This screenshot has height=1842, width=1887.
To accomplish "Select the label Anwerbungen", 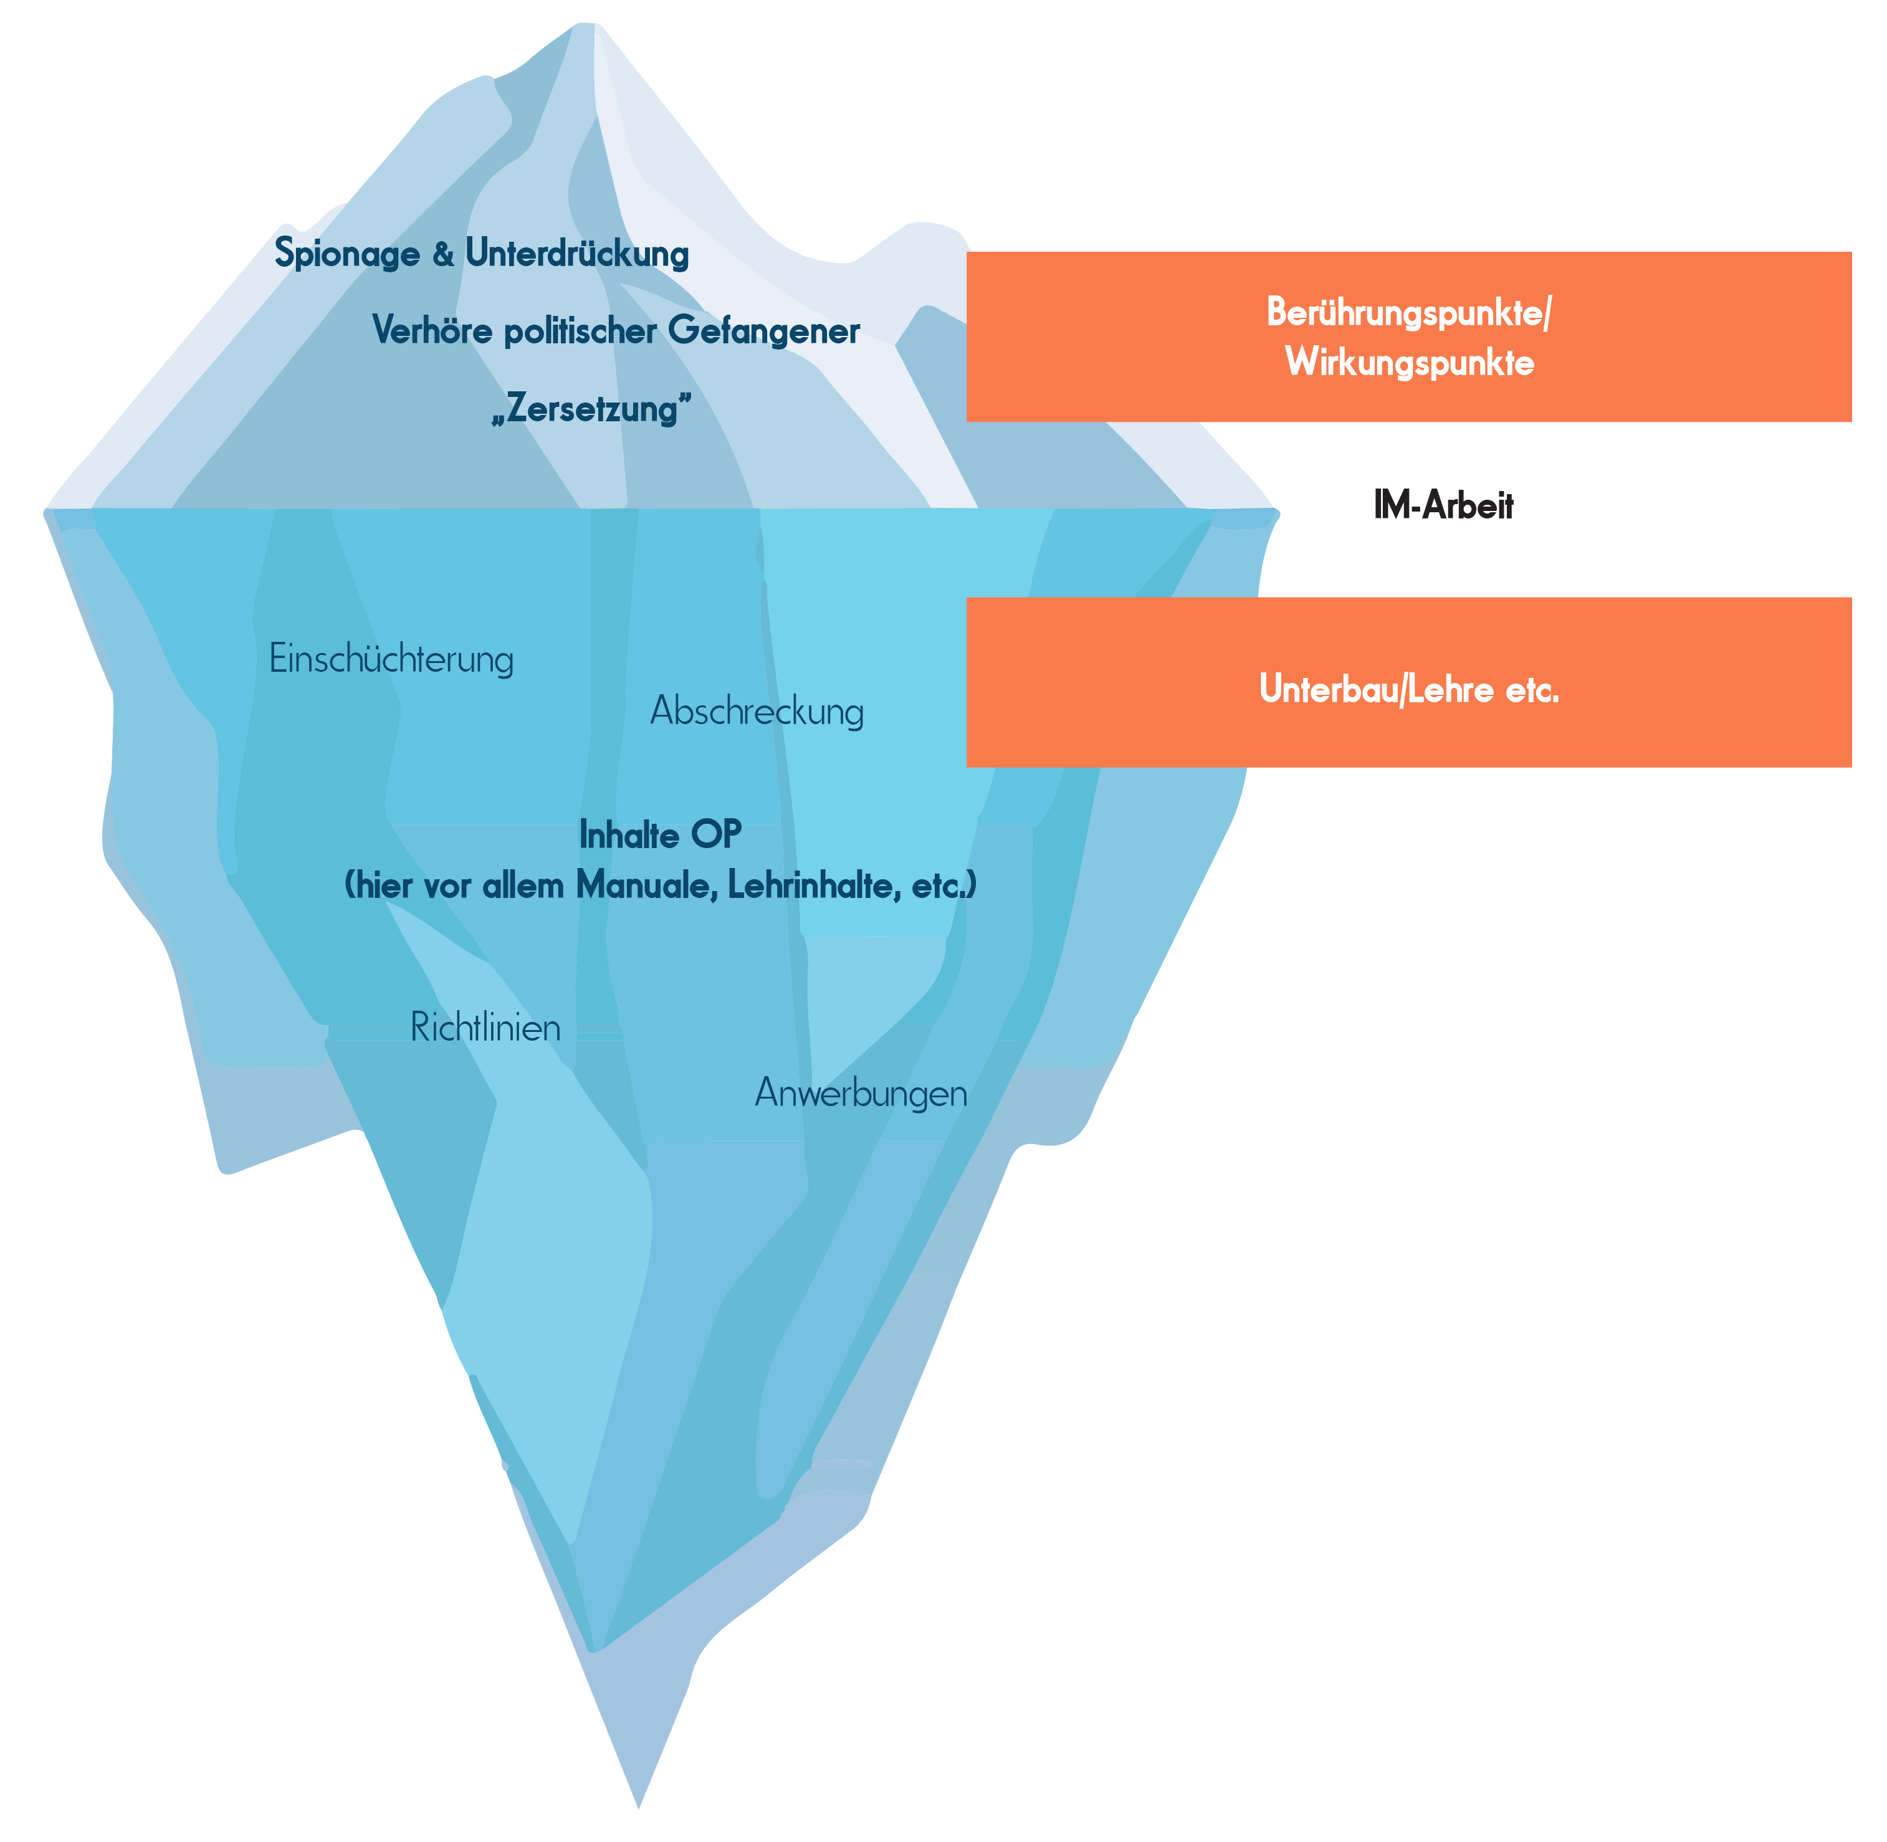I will [860, 1093].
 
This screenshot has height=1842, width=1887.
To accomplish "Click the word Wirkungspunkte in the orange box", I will [1409, 363].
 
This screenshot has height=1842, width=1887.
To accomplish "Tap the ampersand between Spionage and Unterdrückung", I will [442, 254].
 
